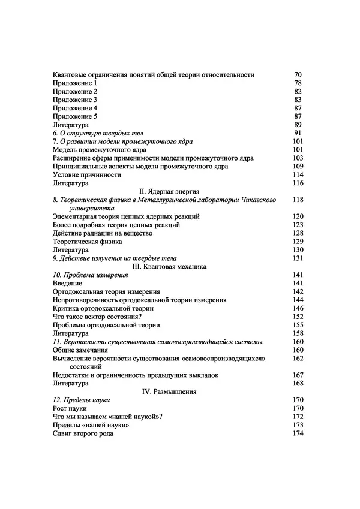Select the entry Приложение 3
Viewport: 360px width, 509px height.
(75, 99)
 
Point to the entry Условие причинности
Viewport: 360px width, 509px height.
(87, 174)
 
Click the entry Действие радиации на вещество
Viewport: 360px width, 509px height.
(103, 233)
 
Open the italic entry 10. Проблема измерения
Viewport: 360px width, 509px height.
(90, 274)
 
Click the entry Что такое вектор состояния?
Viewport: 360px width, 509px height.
(97, 316)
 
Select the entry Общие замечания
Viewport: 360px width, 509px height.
(80, 350)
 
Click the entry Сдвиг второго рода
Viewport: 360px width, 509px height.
(83, 433)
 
